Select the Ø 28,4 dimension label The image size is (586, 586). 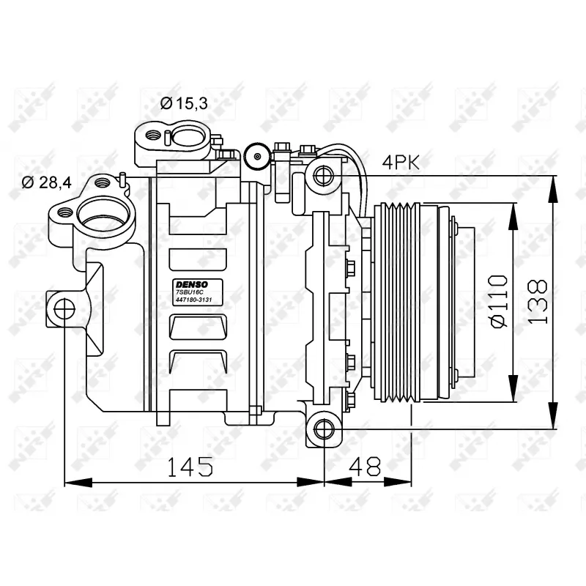tap(46, 182)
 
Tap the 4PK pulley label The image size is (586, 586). tap(401, 163)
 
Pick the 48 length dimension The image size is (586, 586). tap(365, 466)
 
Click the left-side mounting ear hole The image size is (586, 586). tap(64, 309)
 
